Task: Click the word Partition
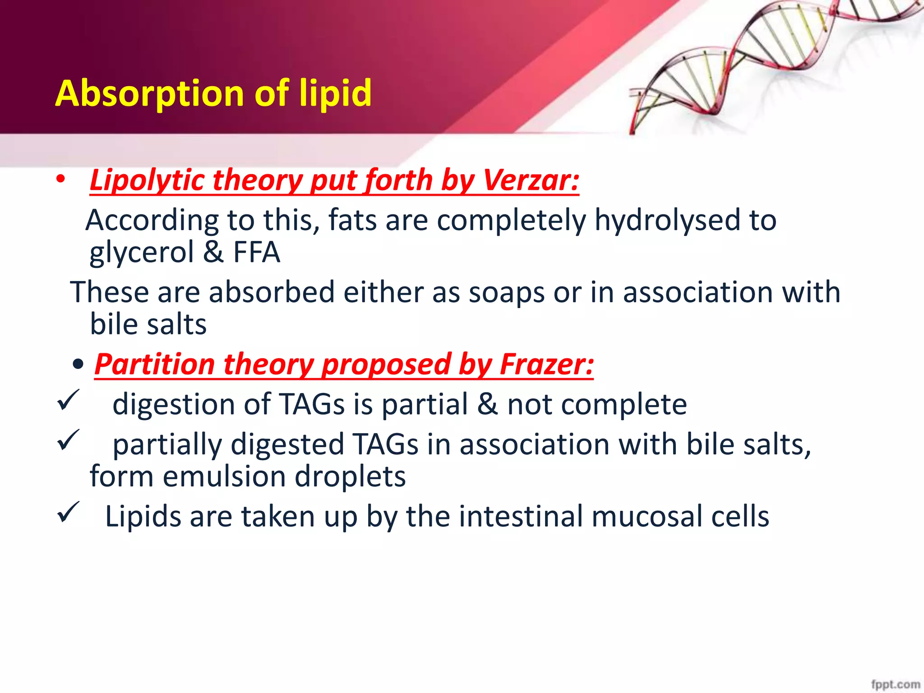pos(155,364)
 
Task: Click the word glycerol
pos(141,253)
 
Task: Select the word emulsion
pos(224,476)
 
